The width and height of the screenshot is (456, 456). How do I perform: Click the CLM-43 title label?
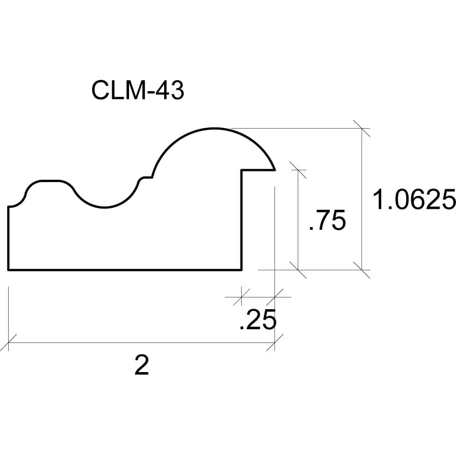coord(138,90)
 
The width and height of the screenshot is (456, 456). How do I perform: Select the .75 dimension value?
coord(327,220)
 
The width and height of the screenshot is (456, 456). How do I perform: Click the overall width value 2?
coord(142,365)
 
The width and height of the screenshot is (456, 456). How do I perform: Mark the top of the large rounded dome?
coord(214,128)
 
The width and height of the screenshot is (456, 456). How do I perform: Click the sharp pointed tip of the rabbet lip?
coord(275,170)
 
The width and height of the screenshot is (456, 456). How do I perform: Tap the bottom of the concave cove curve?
coord(104,207)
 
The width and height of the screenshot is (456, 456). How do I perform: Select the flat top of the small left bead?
coord(50,181)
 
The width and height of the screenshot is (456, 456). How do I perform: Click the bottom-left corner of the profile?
coord(9,270)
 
